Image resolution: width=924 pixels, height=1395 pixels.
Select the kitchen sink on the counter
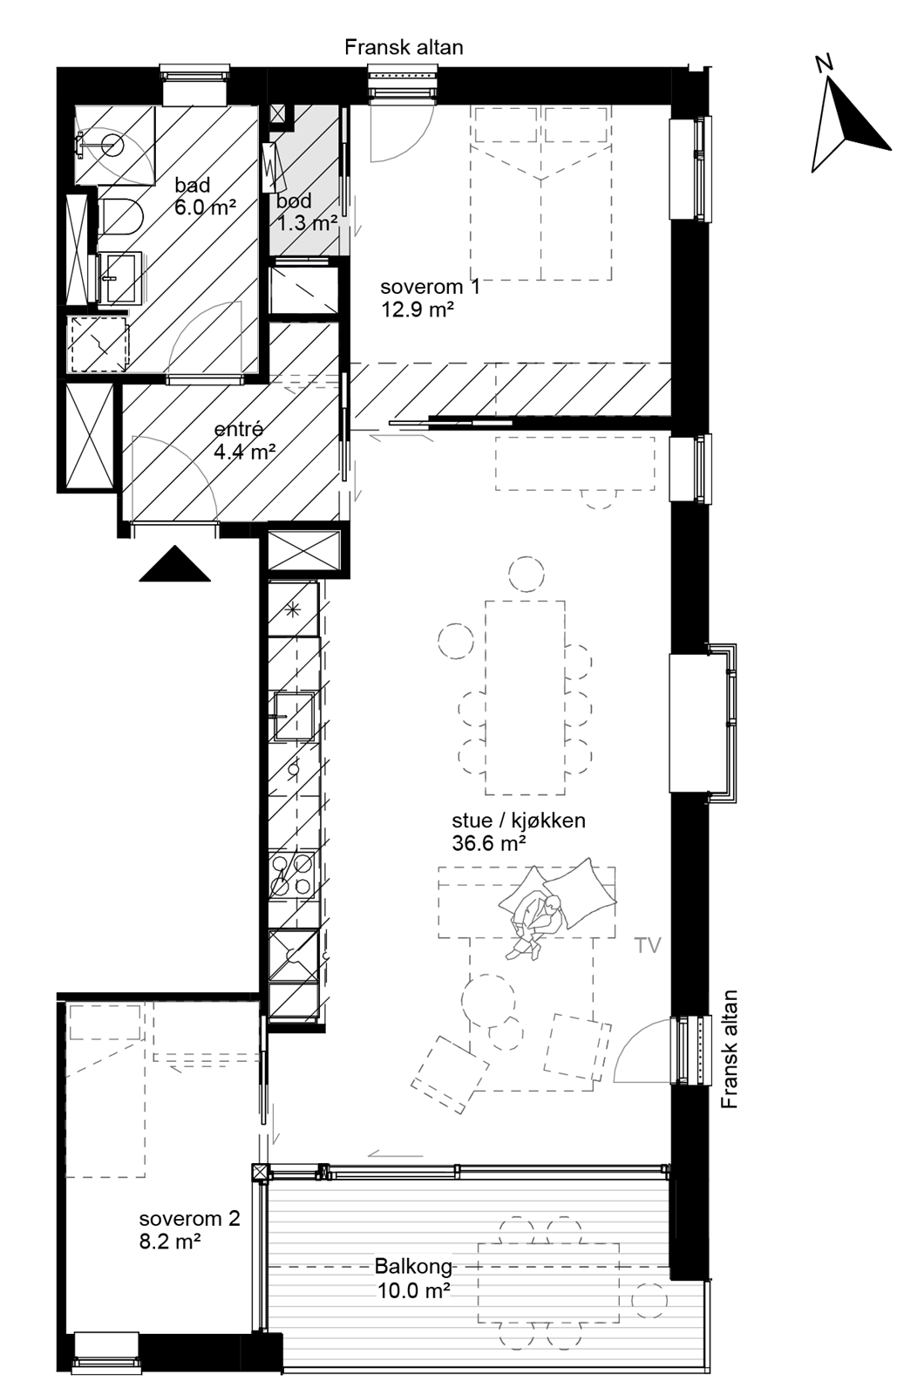pyautogui.click(x=294, y=715)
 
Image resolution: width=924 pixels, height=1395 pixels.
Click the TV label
pyautogui.click(x=648, y=945)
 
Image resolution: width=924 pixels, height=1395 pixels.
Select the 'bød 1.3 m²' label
pyautogui.click(x=305, y=213)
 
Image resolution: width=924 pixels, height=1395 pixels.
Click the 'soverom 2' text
pyautogui.click(x=189, y=1219)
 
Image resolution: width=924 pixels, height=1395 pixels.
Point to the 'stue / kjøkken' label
pyautogui.click(x=518, y=820)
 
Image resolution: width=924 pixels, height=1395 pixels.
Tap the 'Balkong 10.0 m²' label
pyautogui.click(x=413, y=1278)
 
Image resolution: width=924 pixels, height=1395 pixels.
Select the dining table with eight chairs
pyautogui.click(x=524, y=697)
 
